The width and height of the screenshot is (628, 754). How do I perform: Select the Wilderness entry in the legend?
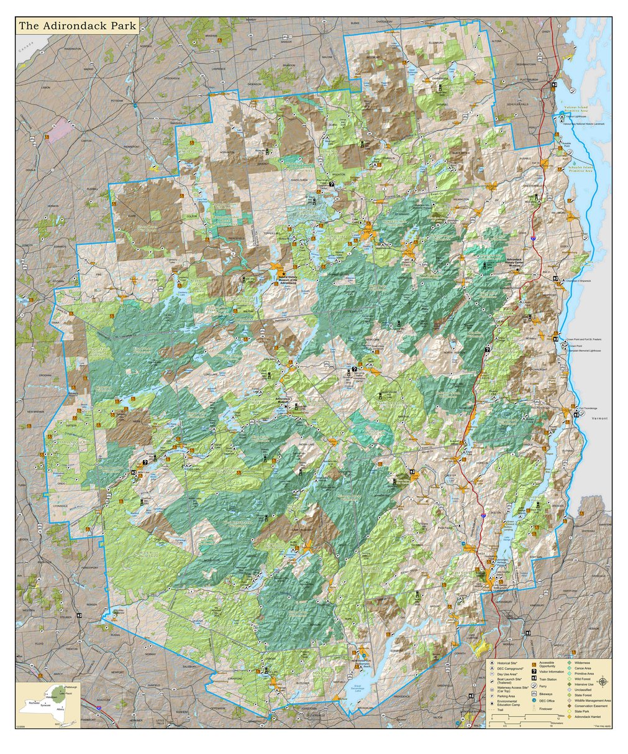pos(582,663)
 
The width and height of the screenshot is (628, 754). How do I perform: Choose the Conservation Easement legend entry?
pos(591,706)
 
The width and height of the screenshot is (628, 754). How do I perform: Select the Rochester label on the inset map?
pos(27,703)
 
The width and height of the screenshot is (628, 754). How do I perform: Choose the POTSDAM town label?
pos(116,100)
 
